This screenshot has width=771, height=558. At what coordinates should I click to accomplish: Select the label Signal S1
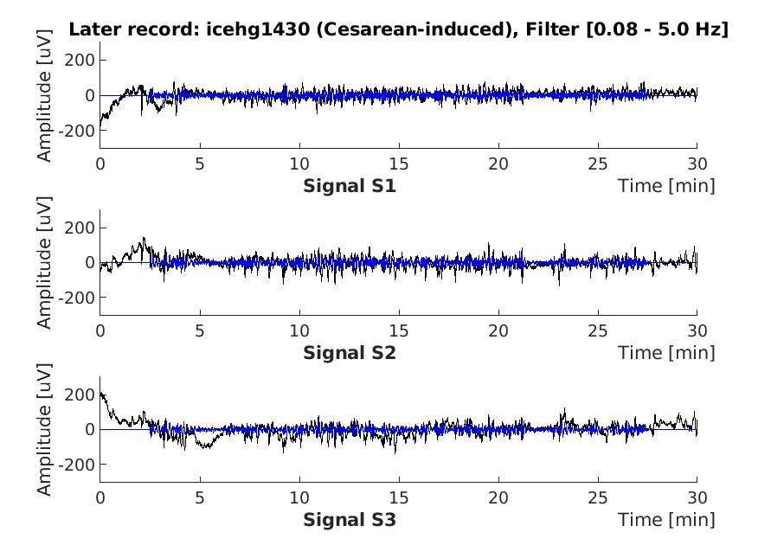point(350,185)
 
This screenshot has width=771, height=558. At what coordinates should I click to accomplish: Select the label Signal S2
point(350,352)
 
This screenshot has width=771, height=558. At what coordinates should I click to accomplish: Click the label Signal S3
point(350,520)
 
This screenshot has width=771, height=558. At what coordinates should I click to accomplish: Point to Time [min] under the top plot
point(666,185)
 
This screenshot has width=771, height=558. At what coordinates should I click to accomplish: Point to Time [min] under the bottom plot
point(666,520)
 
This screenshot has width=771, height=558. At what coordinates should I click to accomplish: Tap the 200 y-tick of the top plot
point(81,61)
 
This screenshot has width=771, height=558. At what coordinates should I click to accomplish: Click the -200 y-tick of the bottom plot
point(77,465)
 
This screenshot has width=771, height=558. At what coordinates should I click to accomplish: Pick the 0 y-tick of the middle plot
point(89,262)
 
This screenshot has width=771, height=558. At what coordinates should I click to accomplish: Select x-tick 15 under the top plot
point(399,164)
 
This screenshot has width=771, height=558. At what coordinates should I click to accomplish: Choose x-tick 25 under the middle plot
point(598,330)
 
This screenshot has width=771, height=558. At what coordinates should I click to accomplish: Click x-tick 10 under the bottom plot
point(299,498)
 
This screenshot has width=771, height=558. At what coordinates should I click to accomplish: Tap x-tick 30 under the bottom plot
point(697,498)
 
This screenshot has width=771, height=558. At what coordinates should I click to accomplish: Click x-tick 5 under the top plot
point(200,164)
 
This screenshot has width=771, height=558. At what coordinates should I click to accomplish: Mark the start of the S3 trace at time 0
point(101,393)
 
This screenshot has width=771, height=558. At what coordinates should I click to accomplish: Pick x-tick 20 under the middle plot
point(498,330)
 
